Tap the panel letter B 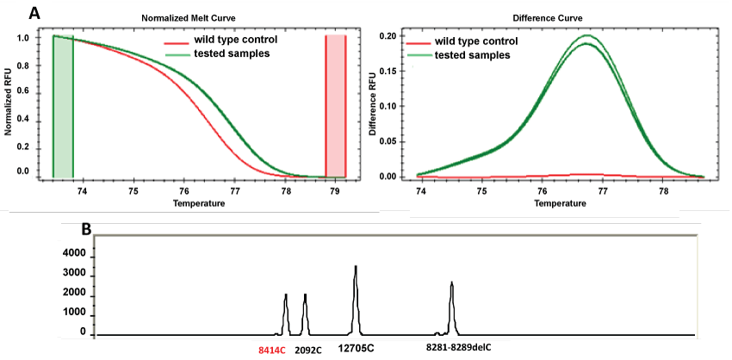[x=86, y=230]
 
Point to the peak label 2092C [x=307, y=351]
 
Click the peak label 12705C [x=356, y=348]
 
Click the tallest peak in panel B [x=355, y=268]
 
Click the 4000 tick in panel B [x=75, y=254]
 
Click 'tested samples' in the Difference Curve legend [x=471, y=55]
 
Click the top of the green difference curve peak [x=587, y=36]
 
